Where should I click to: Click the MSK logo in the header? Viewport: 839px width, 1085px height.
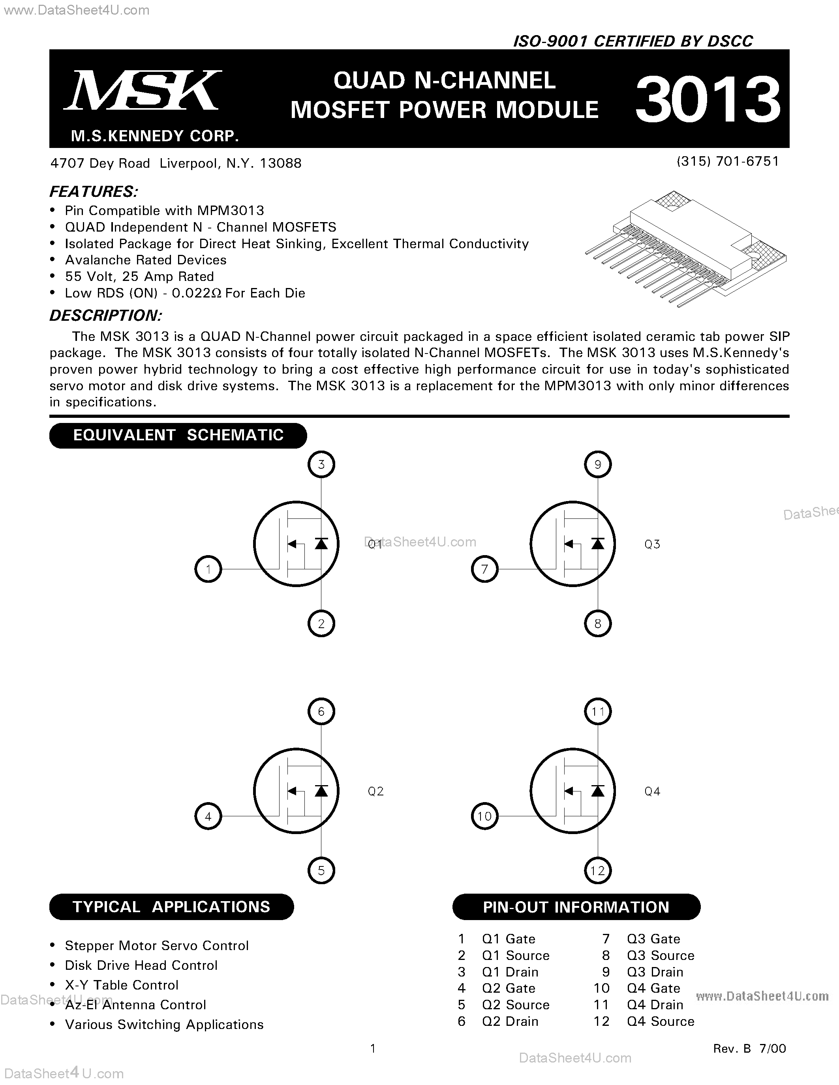(x=143, y=90)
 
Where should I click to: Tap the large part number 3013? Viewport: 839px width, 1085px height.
(x=708, y=99)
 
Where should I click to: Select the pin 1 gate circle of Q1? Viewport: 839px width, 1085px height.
(x=208, y=569)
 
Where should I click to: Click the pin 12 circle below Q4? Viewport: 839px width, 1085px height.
(x=597, y=870)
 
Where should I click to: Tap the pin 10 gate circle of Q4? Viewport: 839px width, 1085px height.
(x=484, y=816)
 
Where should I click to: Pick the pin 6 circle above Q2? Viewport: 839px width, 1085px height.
(x=321, y=711)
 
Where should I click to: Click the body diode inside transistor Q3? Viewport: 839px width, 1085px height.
(x=597, y=544)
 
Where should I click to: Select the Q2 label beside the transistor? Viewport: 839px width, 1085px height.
(x=376, y=791)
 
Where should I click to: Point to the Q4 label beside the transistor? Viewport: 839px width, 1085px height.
(x=652, y=791)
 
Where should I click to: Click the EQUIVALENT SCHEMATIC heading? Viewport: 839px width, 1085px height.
(x=178, y=435)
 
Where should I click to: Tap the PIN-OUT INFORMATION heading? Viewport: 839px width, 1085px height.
(x=576, y=907)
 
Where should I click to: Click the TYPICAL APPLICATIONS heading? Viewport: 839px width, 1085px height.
(x=171, y=907)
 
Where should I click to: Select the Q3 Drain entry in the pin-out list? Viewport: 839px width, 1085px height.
(x=655, y=972)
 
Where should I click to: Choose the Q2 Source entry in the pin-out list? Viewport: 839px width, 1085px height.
(x=515, y=1005)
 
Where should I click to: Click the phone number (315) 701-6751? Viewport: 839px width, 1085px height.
(x=728, y=161)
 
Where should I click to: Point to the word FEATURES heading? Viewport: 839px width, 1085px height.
(x=94, y=192)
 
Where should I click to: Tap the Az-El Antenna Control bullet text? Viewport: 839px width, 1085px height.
(x=135, y=1005)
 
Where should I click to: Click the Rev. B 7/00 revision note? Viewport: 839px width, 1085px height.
(x=749, y=1048)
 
